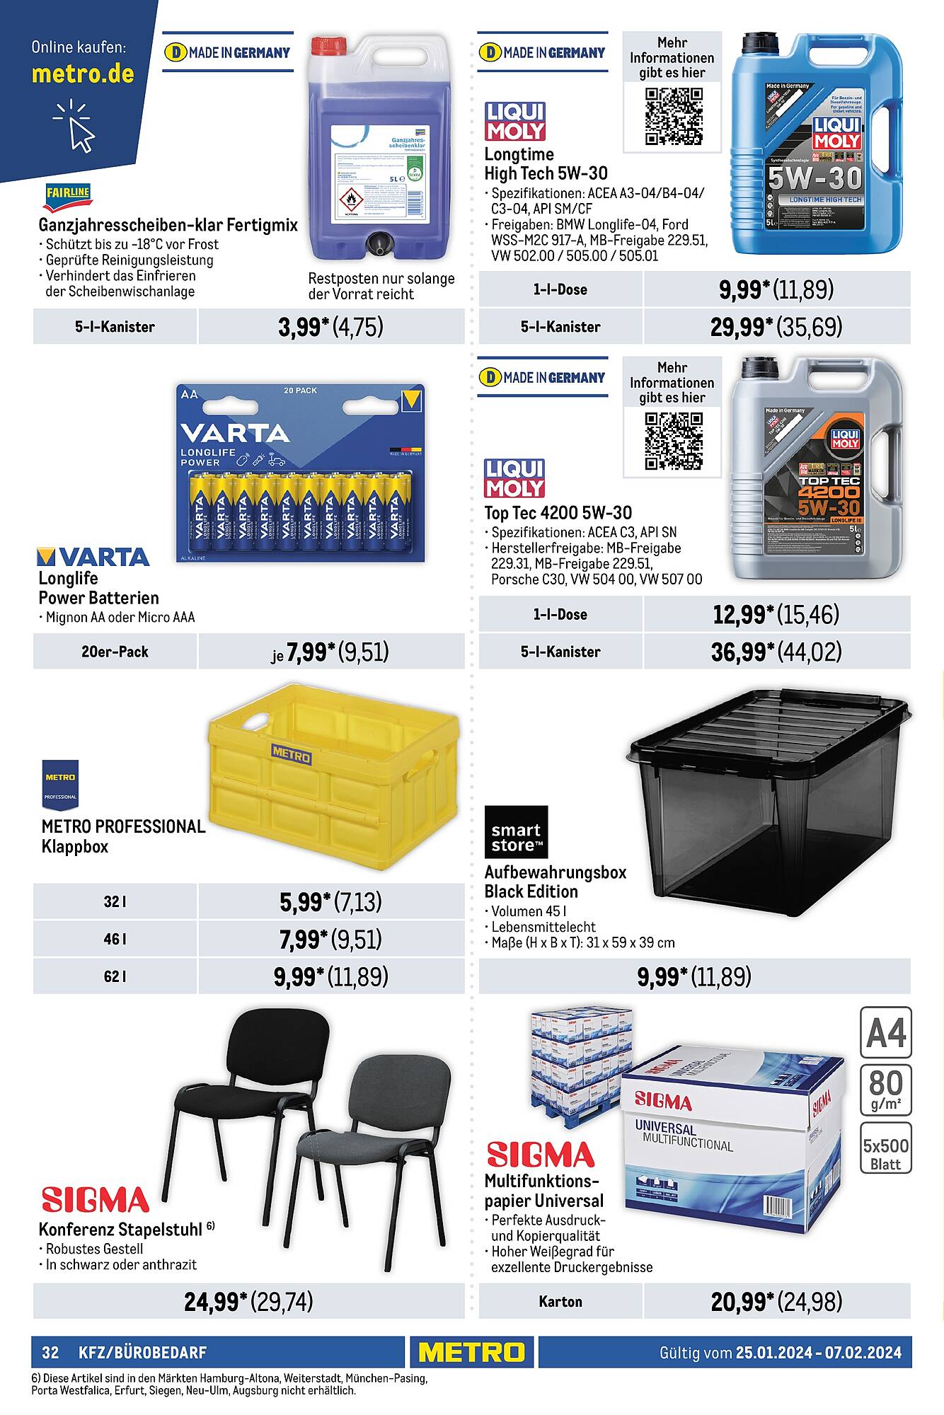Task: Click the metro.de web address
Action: pyautogui.click(x=83, y=74)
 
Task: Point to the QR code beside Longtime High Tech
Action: pyautogui.click(x=673, y=117)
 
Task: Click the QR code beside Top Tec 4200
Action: pyautogui.click(x=673, y=441)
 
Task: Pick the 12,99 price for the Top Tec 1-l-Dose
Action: pyautogui.click(x=739, y=614)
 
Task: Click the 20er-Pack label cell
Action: pyautogui.click(x=115, y=652)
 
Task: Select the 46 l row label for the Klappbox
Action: pyautogui.click(x=115, y=939)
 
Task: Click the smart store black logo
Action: pyautogui.click(x=516, y=832)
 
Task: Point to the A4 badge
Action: pyautogui.click(x=886, y=1034)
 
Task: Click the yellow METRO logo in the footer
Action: pyautogui.click(x=471, y=1352)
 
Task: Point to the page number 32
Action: pyautogui.click(x=50, y=1353)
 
